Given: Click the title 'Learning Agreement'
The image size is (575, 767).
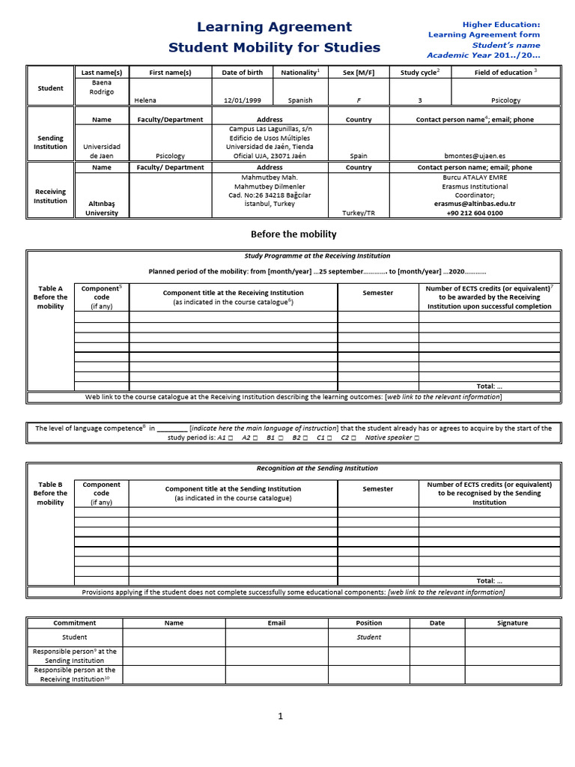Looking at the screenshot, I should (x=274, y=27).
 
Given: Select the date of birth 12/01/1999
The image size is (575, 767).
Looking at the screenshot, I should (x=243, y=100).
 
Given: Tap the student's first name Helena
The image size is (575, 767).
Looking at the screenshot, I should (x=145, y=100).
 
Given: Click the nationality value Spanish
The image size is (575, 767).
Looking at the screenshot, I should (x=299, y=100).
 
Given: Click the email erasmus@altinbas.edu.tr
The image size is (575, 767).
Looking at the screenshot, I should (x=475, y=204).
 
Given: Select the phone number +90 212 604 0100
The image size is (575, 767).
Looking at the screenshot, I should (x=475, y=213).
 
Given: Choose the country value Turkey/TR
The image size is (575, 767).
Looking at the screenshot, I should (x=359, y=213).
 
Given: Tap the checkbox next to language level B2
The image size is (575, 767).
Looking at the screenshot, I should (x=307, y=437).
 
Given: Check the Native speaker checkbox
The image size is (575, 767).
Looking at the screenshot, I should (x=416, y=437).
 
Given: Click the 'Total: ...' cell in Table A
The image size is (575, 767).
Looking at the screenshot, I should (x=489, y=386).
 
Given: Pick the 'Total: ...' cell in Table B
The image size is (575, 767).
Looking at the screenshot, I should (x=489, y=580).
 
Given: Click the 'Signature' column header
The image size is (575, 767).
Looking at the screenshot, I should (x=512, y=622).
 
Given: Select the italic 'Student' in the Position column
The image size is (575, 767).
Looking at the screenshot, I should (x=368, y=637).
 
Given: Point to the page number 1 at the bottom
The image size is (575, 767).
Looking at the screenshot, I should (x=281, y=716).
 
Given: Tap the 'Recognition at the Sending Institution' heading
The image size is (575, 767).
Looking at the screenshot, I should (x=317, y=468).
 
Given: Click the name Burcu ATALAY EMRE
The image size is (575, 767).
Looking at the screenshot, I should (x=475, y=178).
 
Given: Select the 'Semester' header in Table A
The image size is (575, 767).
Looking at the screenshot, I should (x=377, y=293).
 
